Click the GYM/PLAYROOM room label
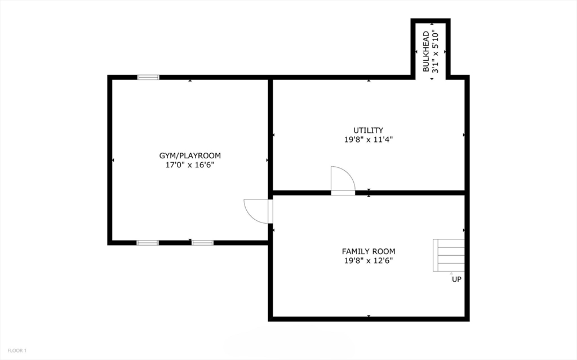tap(190, 155)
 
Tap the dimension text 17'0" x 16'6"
tap(190, 165)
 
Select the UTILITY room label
tap(369, 130)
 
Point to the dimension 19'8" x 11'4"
tap(369, 140)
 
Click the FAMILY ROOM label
tap(369, 251)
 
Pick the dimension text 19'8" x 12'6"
tap(369, 261)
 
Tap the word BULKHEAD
tap(427, 50)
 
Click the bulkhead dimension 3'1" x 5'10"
tap(436, 50)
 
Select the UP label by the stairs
tap(456, 279)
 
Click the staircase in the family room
tap(449, 255)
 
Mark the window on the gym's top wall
tap(148, 77)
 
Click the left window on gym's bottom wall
tap(148, 243)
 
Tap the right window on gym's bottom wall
tap(203, 243)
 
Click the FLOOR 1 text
tap(12, 351)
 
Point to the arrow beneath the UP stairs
tap(451, 273)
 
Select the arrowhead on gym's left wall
tap(113, 161)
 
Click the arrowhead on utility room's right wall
tap(464, 135)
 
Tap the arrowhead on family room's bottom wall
tap(369, 316)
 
